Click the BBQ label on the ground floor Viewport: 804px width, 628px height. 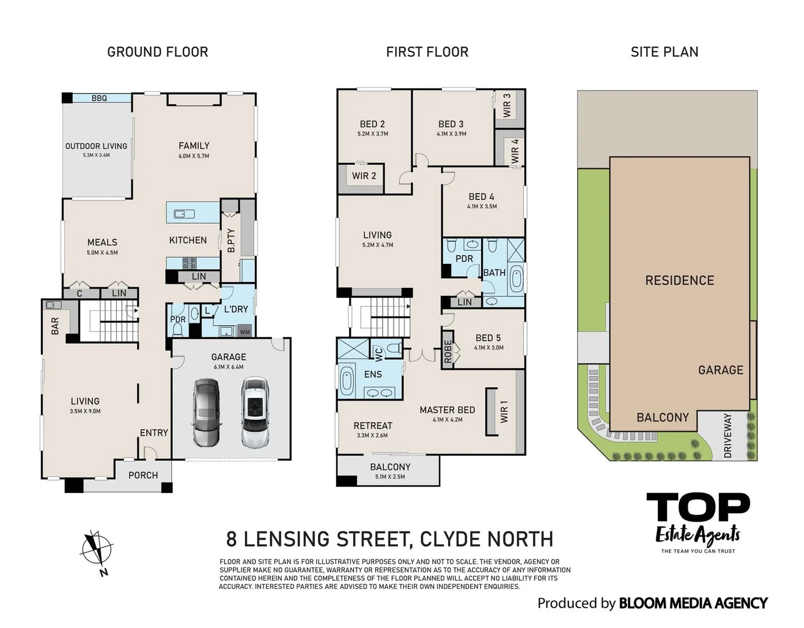[x=99, y=98]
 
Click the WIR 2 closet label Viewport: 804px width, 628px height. [x=364, y=176]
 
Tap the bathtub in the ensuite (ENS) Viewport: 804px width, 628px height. [x=347, y=380]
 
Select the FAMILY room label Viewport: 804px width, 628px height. [x=194, y=146]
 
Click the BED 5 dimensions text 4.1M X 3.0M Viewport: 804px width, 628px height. [x=489, y=348]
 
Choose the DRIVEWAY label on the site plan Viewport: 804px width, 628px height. [x=728, y=436]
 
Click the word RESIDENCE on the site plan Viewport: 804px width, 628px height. [x=680, y=281]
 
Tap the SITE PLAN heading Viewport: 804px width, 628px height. [x=664, y=52]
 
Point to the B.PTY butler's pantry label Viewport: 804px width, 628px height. [x=231, y=240]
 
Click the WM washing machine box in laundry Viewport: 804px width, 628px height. [x=245, y=332]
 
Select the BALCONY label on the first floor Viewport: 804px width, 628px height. [x=390, y=467]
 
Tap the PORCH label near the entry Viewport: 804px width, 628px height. [x=143, y=475]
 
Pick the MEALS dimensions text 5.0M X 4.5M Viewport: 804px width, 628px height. [x=102, y=252]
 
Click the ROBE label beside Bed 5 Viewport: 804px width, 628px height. [x=447, y=351]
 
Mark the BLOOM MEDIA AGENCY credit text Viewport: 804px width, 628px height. [x=693, y=603]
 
